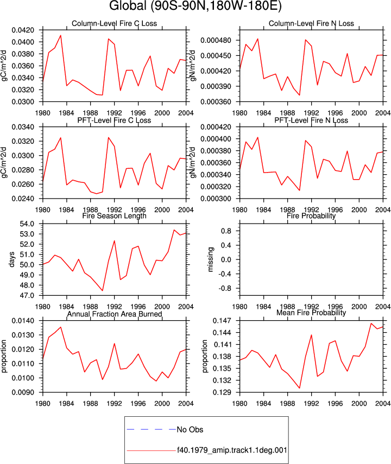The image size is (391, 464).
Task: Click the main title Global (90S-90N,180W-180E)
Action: [195, 5]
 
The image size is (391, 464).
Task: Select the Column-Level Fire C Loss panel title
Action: [115, 23]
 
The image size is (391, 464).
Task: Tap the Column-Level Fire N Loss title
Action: [311, 23]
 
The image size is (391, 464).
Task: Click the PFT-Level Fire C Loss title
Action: [115, 120]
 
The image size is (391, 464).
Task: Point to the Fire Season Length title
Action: [115, 216]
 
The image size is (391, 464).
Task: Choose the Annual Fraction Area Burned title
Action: [115, 314]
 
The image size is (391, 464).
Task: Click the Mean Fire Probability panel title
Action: [311, 313]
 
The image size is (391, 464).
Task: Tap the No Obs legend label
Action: [190, 429]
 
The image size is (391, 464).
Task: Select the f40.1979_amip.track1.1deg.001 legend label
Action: [232, 450]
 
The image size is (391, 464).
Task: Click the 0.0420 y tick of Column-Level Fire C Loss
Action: [23, 30]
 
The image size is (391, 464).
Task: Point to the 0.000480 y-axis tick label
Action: [216, 40]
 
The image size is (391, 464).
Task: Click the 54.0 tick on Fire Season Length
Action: [27, 224]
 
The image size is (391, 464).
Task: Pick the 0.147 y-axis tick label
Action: [222, 321]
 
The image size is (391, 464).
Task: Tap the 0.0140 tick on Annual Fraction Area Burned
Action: [23, 321]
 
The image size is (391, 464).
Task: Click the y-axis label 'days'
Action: [11, 259]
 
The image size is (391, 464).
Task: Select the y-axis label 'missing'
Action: [210, 259]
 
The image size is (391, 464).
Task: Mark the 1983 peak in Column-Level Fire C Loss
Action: [61, 35]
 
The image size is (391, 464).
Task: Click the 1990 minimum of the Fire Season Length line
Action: [103, 290]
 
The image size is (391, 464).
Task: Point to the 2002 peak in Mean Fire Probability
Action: [371, 323]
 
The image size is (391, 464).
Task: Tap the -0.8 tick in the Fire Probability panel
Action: [225, 288]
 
